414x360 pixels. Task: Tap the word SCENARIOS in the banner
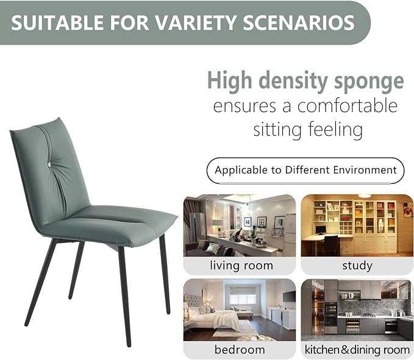299,23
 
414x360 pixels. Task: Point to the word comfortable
347,105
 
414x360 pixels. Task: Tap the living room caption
241,266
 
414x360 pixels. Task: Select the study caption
357,266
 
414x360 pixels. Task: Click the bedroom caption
240,350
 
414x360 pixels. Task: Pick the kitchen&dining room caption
357,350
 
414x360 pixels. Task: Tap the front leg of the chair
124,296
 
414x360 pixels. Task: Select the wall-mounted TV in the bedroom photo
289,297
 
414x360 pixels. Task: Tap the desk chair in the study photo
331,245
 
